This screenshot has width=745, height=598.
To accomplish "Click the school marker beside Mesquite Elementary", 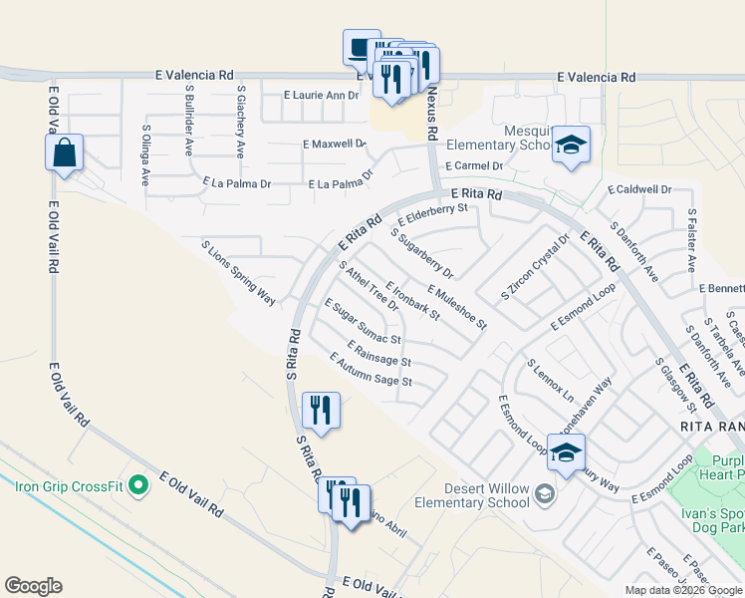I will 571,146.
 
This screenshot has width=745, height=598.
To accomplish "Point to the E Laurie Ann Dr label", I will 320,95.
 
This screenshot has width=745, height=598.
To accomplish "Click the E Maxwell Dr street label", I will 335,144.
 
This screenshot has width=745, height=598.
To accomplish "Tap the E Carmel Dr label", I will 474,166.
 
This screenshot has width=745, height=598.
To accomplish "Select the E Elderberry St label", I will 432,213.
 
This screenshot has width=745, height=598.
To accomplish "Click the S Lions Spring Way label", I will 238,272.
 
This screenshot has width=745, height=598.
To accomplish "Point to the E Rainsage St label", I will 378,352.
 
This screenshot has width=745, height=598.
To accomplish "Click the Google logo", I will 34,586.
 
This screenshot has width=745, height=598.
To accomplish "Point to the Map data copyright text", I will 683,590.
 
